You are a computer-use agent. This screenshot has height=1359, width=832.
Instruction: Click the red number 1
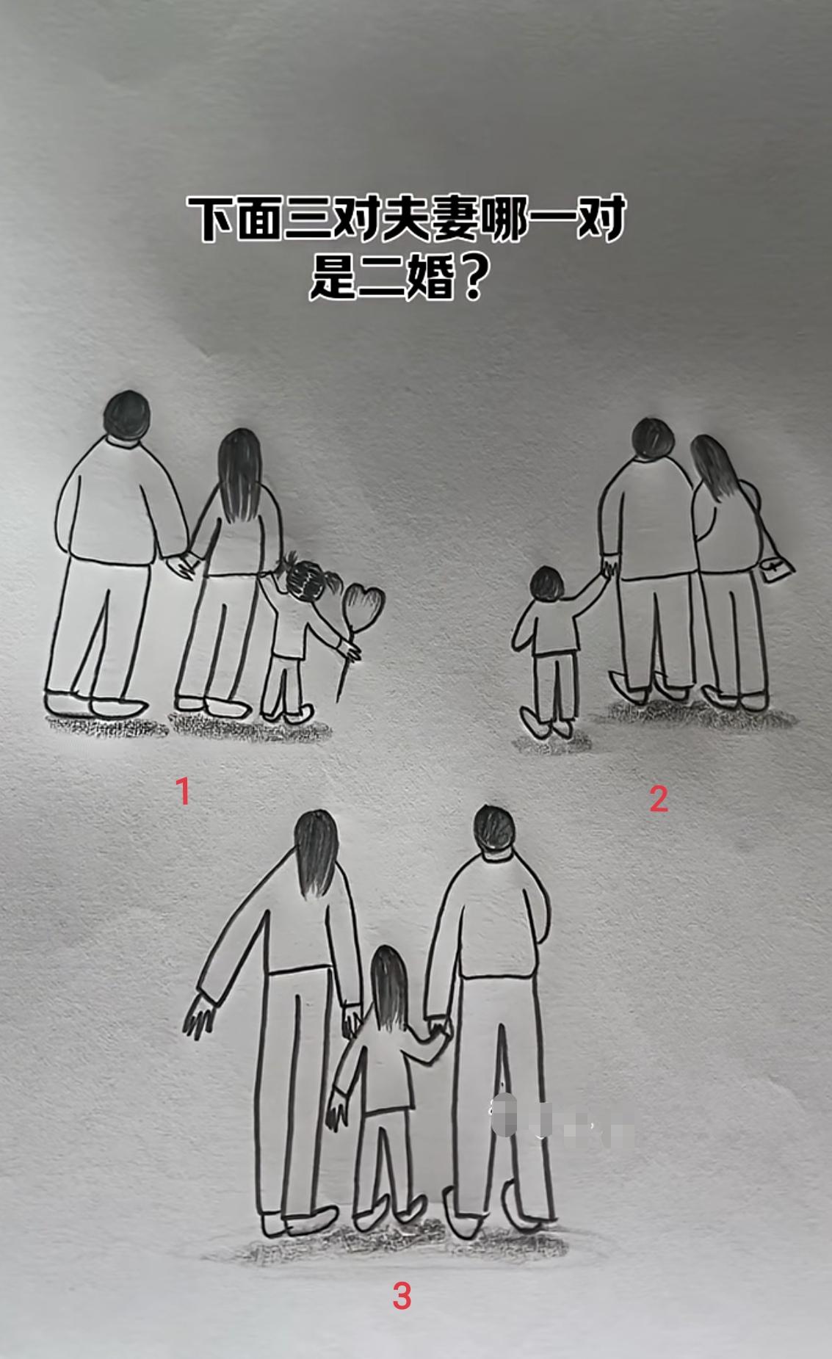coord(182,791)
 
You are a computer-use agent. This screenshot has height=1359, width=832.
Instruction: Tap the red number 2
coord(659,799)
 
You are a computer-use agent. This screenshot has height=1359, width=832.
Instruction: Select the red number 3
coord(402,1297)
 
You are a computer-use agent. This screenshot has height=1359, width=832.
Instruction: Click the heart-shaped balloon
coord(365,604)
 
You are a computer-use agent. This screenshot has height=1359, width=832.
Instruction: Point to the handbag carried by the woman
coord(777,568)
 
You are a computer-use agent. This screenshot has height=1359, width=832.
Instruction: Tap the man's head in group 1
coord(128,416)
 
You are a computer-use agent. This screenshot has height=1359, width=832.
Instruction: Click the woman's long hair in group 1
coord(240,471)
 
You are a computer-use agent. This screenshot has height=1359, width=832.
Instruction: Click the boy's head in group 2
coord(548,584)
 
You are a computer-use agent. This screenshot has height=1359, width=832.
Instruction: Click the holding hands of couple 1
coord(181,564)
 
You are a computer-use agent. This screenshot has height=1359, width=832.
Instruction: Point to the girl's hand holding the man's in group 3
coord(439,1026)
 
